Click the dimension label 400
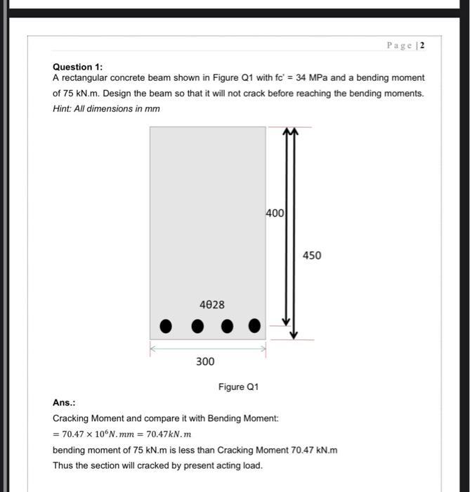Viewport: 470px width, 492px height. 275,212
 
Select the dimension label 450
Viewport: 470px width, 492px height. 313,255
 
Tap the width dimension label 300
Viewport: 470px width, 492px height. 205,361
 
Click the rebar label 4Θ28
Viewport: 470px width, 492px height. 211,304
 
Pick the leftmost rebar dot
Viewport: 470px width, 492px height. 166,326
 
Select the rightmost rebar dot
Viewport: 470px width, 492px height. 254,326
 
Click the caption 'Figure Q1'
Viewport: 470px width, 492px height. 238,387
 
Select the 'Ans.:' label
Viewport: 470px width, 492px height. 64,403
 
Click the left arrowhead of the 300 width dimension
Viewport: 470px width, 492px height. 152,347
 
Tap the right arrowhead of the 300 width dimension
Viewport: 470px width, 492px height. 263,347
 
